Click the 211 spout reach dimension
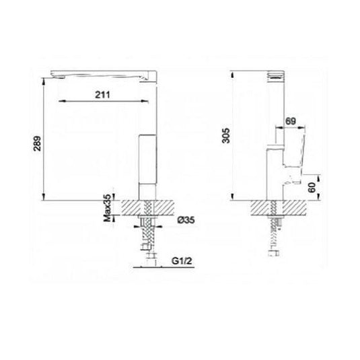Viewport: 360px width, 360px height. [x=100, y=96]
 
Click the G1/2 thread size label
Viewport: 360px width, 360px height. [x=178, y=259]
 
